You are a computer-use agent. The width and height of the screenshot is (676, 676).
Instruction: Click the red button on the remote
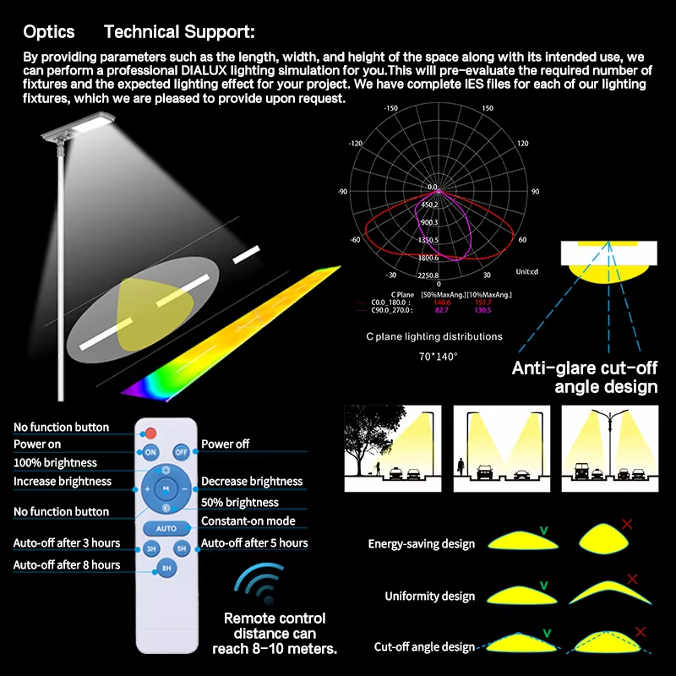click(x=152, y=433)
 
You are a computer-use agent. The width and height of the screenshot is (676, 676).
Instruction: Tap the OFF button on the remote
click(x=182, y=452)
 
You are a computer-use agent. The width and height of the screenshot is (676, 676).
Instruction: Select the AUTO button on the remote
click(x=166, y=528)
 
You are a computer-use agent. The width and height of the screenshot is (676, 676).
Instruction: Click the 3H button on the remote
click(x=150, y=548)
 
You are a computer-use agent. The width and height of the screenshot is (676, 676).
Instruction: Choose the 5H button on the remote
click(x=182, y=548)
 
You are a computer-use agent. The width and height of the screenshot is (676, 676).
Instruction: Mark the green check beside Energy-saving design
click(x=544, y=530)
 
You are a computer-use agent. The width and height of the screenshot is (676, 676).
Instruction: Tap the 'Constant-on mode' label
click(x=248, y=521)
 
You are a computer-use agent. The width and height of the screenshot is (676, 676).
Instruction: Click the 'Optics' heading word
click(x=49, y=32)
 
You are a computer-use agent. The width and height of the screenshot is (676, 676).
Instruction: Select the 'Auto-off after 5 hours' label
click(x=254, y=543)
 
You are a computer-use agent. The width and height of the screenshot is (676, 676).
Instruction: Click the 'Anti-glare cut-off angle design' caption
click(x=585, y=378)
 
